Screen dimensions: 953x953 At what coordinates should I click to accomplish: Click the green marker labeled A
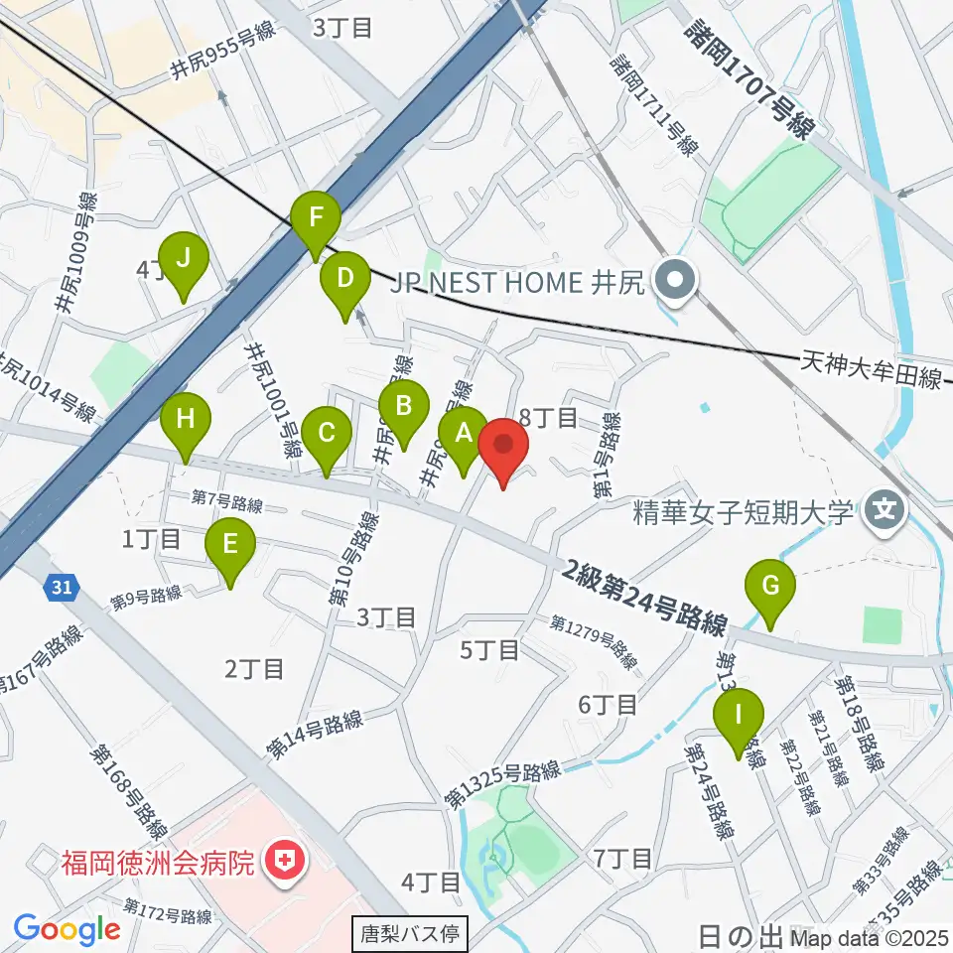tap(463, 433)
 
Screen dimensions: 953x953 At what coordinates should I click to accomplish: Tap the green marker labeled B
tap(404, 406)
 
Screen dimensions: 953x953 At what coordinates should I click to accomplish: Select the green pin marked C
tap(325, 433)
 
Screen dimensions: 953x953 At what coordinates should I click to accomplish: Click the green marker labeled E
tap(230, 545)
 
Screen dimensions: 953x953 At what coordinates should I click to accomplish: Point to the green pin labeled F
tap(316, 217)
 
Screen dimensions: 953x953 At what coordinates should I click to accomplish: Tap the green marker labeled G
tap(770, 586)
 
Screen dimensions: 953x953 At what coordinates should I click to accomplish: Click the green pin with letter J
tap(183, 258)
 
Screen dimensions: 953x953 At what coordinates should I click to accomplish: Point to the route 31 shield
tap(62, 588)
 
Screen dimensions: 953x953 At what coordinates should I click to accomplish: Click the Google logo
tap(67, 929)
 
